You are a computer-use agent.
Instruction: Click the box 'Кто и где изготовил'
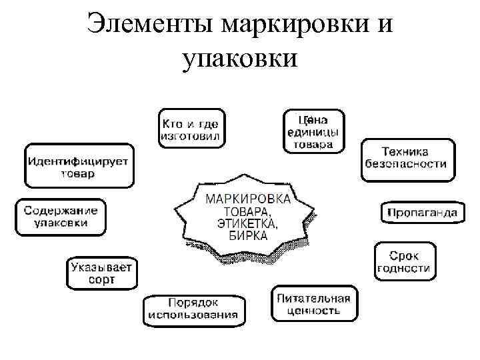pos(192,128)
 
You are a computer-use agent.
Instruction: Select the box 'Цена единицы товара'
pos(314,131)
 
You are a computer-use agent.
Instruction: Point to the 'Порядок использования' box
pos(193,309)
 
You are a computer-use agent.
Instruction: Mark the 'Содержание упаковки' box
pos(61,217)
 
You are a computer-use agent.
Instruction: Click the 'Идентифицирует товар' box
pos(78,166)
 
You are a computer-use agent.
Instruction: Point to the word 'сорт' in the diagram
pos(101,280)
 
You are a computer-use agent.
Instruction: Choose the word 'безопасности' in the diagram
pos(407,164)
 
